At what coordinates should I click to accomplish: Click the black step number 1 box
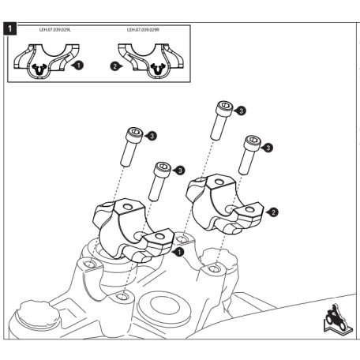10,28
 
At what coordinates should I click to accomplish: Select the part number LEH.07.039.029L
55,30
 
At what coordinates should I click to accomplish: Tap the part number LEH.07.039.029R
143,30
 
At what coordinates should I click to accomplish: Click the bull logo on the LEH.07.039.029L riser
39,69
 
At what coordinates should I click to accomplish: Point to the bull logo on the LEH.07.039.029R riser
159,69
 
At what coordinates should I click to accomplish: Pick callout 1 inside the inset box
78,65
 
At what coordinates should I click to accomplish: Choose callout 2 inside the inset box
116,66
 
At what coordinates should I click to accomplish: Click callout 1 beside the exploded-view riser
178,252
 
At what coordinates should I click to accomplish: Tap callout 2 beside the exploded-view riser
272,212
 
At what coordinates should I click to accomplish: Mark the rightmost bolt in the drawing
249,155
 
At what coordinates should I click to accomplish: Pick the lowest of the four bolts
159,182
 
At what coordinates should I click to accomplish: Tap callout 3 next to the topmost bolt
240,111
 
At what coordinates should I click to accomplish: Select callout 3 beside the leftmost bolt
151,136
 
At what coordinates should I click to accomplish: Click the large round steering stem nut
164,307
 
